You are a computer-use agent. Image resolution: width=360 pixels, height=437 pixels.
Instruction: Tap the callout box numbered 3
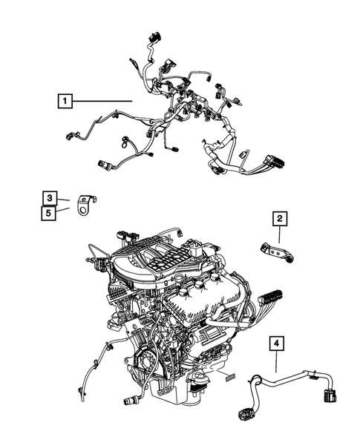(48, 197)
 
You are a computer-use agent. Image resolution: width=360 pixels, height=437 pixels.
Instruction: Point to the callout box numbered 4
(276, 344)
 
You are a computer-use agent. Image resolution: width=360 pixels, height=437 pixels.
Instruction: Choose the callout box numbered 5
(48, 213)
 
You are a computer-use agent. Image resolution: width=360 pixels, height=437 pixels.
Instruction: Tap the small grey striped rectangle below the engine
(230, 379)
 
